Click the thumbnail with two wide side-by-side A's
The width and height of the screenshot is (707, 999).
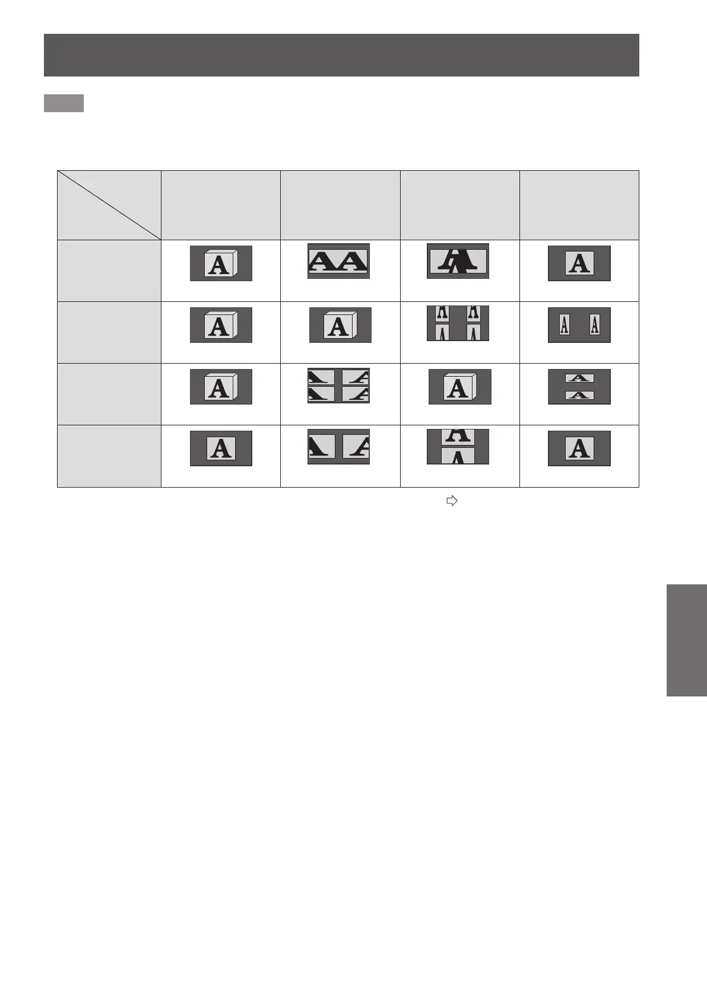tap(338, 261)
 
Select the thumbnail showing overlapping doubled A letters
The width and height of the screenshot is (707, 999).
tap(458, 261)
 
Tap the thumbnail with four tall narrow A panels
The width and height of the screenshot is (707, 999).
tap(458, 323)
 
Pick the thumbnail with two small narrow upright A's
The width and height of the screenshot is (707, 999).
tap(579, 325)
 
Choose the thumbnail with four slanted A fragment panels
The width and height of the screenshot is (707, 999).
tap(338, 386)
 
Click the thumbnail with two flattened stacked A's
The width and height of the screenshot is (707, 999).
tap(579, 387)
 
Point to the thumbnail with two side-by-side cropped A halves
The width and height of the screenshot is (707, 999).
tap(338, 447)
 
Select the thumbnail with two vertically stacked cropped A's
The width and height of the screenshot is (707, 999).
tap(458, 447)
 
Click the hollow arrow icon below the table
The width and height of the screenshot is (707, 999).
tap(452, 501)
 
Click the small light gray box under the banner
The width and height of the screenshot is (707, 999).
tap(64, 103)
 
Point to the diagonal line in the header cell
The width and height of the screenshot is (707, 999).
tap(109, 205)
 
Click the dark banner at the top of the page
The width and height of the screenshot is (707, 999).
tap(341, 55)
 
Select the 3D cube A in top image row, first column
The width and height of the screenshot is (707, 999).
tap(221, 263)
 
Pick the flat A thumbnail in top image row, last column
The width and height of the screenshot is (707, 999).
tap(579, 263)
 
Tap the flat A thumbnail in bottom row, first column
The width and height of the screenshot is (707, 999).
tap(221, 448)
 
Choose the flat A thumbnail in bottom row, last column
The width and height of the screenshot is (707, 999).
tap(579, 448)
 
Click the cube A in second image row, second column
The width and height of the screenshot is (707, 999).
tap(340, 325)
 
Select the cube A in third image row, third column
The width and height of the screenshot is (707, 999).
tap(459, 387)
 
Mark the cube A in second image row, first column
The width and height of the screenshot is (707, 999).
tap(221, 325)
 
